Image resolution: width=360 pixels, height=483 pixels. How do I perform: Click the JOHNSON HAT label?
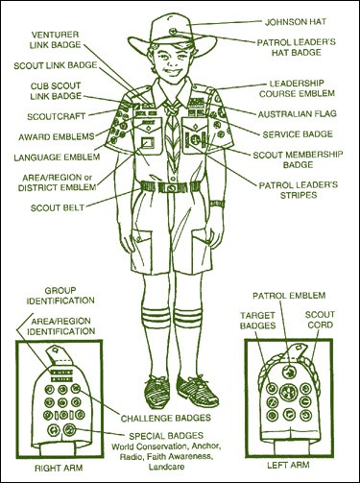[x=296, y=22]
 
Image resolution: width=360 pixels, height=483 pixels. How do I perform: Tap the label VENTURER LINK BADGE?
[x=56, y=39]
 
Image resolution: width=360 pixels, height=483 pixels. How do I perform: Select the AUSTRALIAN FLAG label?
[x=298, y=114]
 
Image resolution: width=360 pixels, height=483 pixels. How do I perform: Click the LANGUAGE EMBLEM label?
[x=57, y=157]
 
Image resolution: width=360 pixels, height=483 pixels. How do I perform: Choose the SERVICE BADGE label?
[x=298, y=134]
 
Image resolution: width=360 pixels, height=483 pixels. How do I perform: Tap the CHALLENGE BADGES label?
[x=166, y=418]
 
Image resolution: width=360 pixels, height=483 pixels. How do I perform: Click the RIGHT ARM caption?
[x=59, y=468]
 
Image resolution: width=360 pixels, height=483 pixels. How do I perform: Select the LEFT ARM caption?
[x=288, y=465]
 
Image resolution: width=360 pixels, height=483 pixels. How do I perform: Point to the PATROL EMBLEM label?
[x=289, y=296]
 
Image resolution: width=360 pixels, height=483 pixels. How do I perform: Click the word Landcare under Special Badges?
[x=166, y=467]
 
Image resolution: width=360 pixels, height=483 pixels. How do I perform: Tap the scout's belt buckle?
[x=172, y=187]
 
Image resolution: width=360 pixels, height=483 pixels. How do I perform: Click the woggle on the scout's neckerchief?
[x=173, y=110]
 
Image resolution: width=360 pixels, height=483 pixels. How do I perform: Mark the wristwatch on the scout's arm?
[x=217, y=204]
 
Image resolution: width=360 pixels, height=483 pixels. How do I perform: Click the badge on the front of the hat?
[x=174, y=31]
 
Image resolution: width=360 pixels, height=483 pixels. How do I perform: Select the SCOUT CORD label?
[x=320, y=320]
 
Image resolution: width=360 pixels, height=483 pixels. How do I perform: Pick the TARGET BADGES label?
[x=257, y=321]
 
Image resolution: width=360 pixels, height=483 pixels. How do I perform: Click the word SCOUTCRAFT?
[x=56, y=116]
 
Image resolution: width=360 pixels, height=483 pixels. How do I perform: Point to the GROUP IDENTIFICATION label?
[x=60, y=296]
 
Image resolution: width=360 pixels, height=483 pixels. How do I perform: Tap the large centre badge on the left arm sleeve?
[x=287, y=393]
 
